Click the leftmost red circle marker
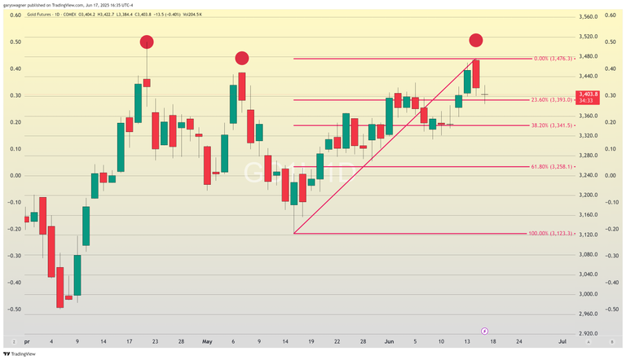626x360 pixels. pyautogui.click(x=147, y=42)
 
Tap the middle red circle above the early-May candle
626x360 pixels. pyautogui.click(x=242, y=58)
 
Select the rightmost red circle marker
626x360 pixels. pyautogui.click(x=476, y=40)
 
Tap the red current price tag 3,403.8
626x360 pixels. pyautogui.click(x=589, y=97)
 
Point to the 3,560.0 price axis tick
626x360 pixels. pyautogui.click(x=589, y=16)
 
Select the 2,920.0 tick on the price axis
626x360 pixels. pyautogui.click(x=589, y=333)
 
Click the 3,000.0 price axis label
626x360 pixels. pyautogui.click(x=589, y=294)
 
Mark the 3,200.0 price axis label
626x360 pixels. pyautogui.click(x=589, y=195)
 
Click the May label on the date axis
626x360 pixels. pyautogui.click(x=207, y=342)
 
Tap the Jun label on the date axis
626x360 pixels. pyautogui.click(x=389, y=342)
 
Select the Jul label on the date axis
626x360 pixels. pyautogui.click(x=562, y=342)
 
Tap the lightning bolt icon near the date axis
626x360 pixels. pyautogui.click(x=484, y=331)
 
